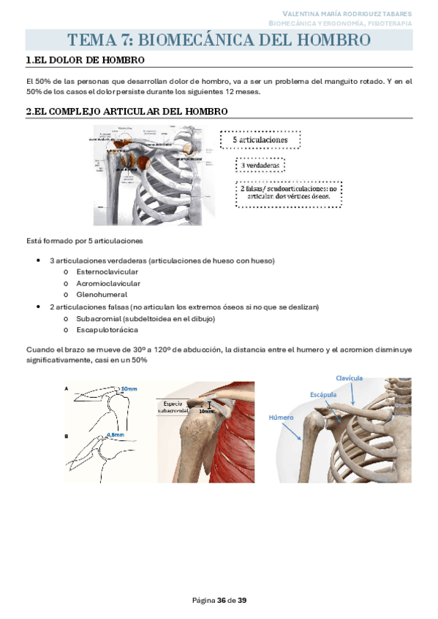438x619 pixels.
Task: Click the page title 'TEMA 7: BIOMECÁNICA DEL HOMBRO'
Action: point(219,39)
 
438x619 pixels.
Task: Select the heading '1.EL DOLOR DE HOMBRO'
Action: point(84,61)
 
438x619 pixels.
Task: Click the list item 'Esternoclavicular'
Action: point(107,272)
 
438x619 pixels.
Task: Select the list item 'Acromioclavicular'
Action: point(108,283)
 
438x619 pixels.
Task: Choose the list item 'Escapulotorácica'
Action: point(107,330)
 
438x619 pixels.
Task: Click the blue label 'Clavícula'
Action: point(349,378)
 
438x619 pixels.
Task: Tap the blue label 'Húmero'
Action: point(281,418)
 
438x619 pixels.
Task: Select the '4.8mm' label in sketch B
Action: point(116,435)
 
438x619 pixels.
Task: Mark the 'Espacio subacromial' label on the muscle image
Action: point(175,407)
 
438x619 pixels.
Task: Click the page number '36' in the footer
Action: point(222,601)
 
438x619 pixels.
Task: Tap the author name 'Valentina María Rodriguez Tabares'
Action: point(347,14)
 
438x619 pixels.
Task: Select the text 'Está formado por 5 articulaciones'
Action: point(84,241)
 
